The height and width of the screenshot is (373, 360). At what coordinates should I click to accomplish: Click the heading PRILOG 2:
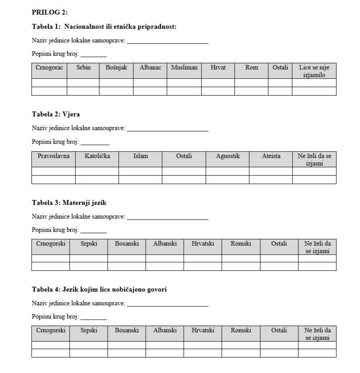[x=50, y=12]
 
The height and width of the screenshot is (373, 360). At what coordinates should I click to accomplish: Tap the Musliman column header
[x=184, y=67]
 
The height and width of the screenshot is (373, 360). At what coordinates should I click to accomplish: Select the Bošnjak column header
[x=116, y=67]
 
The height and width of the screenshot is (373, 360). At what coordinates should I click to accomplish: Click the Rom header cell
[x=251, y=67]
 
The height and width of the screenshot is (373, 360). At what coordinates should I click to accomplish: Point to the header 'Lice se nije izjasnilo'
[x=314, y=71]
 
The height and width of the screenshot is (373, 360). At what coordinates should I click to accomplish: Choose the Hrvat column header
[x=218, y=67]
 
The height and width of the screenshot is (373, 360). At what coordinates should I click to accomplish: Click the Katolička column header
[x=97, y=156]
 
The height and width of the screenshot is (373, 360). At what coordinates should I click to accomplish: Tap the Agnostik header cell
[x=228, y=156]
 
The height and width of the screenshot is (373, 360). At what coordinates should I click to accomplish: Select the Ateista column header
[x=271, y=156]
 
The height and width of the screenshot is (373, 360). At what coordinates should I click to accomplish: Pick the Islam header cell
[x=140, y=156]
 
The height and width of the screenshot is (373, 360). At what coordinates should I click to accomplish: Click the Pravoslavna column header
[x=54, y=156]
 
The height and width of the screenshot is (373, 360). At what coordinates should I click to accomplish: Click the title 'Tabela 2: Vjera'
[x=56, y=114]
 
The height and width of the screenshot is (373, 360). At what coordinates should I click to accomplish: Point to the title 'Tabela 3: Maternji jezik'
[x=69, y=203]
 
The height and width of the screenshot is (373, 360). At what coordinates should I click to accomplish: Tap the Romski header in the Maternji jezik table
[x=241, y=243]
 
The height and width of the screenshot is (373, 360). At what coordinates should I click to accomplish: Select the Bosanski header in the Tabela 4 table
[x=127, y=330]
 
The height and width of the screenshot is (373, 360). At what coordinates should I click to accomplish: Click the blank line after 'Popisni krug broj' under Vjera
[x=95, y=144]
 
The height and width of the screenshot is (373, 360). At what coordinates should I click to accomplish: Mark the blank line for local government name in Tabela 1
[x=168, y=42]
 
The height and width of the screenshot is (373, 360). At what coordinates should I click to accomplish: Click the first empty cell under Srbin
[x=83, y=83]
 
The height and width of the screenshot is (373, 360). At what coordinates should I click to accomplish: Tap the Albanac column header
[x=150, y=67]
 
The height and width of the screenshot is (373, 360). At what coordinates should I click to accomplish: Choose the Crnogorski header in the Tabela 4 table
[x=51, y=330]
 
